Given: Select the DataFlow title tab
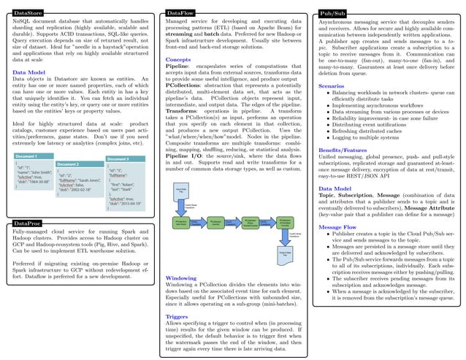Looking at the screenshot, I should [x=180, y=13].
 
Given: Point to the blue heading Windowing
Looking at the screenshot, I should [x=181, y=278].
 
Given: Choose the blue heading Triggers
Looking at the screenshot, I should [x=177, y=316].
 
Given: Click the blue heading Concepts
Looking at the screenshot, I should [x=179, y=59].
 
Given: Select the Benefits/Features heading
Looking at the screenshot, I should [x=345, y=149].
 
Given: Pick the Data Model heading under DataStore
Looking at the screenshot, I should [x=30, y=73].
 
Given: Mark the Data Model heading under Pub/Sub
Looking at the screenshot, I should [x=337, y=188].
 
